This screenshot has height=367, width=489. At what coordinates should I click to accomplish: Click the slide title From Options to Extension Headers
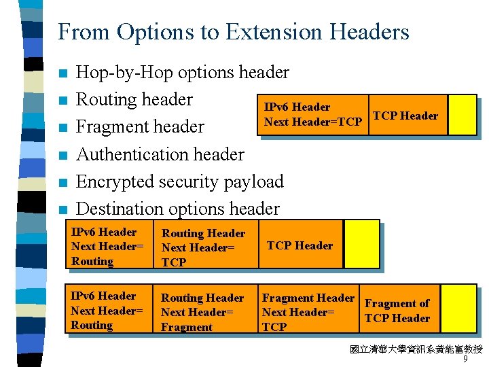234,32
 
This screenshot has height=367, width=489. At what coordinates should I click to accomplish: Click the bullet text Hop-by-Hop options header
183,73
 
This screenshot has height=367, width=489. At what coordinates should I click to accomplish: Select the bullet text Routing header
134,100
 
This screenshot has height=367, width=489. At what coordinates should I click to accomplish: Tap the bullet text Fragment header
140,127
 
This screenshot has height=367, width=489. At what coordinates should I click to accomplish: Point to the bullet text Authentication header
160,154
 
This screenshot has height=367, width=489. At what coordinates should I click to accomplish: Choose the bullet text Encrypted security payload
179,181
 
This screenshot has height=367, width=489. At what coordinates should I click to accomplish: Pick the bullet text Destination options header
177,209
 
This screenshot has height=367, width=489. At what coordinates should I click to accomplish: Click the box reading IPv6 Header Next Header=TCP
313,115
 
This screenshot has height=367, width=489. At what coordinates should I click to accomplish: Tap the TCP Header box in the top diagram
405,115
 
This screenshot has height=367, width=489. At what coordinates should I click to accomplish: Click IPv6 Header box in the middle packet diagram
108,246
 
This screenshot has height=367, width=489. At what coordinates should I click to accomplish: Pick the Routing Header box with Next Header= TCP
203,247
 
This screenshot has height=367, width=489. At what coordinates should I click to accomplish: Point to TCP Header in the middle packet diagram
300,245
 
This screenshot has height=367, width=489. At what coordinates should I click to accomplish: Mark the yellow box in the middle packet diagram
361,244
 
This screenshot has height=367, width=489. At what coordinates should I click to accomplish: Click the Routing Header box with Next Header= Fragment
202,312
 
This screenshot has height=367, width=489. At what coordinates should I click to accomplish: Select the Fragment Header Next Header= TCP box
308,312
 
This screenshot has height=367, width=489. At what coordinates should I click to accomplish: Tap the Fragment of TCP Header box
397,311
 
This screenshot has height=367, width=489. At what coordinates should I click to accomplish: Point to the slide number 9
465,360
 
